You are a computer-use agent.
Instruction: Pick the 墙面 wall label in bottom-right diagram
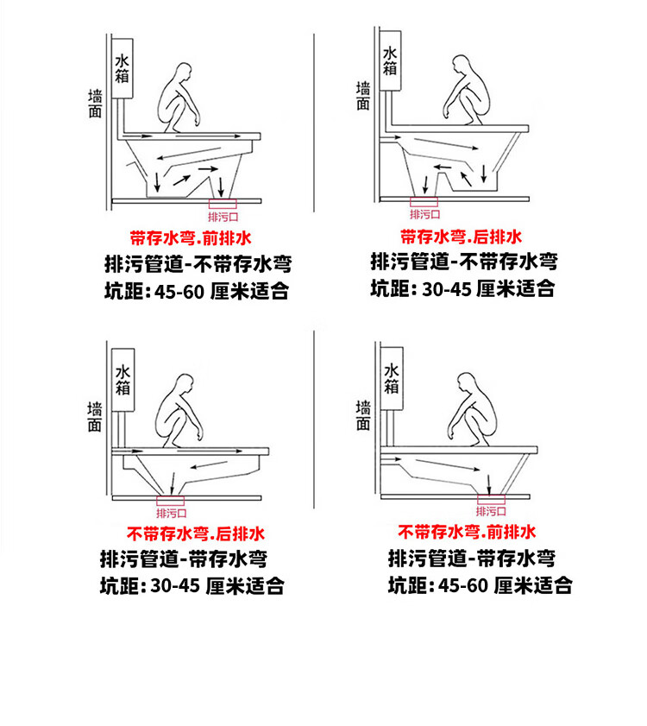point(363,415)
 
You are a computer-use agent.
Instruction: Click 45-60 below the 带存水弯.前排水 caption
point(179,292)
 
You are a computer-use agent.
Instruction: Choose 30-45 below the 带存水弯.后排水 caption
point(447,288)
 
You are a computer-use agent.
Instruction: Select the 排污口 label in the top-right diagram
point(425,213)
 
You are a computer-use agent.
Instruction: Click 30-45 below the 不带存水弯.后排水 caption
point(175,586)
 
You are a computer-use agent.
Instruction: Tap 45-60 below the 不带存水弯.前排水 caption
point(464,586)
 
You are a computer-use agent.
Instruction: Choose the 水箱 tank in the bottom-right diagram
point(393,379)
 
